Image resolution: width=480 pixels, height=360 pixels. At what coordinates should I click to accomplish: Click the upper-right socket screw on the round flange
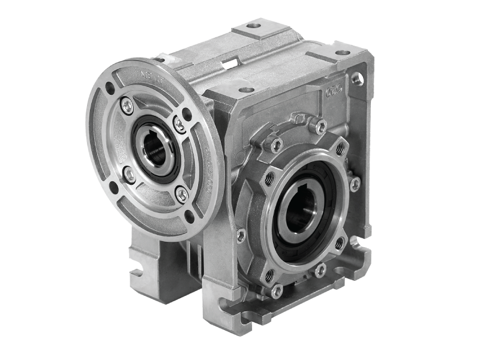(x=178, y=123)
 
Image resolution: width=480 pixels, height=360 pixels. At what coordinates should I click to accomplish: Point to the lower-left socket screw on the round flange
(x=128, y=174)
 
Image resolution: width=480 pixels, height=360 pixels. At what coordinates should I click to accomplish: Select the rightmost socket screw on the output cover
(x=355, y=181)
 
